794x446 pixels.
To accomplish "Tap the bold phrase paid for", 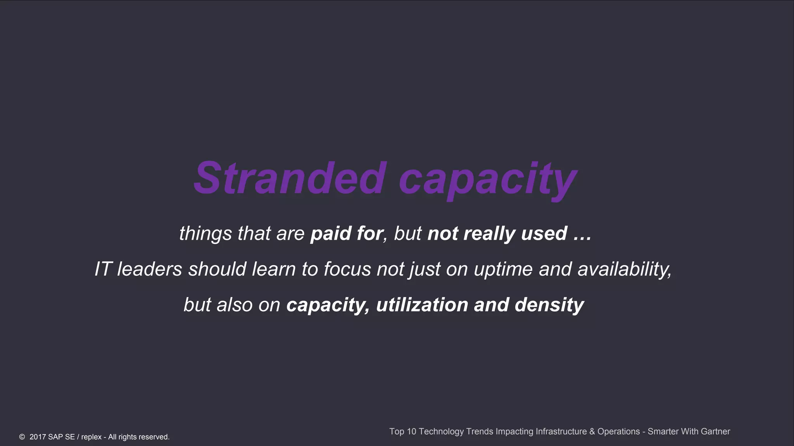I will [x=347, y=233].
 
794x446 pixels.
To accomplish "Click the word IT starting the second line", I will [x=103, y=269].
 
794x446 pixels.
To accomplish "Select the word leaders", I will [x=150, y=269].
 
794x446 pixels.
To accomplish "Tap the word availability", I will [x=625, y=269].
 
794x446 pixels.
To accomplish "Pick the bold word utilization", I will [x=422, y=305].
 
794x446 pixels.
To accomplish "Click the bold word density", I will [x=549, y=305].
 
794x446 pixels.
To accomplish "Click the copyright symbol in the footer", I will [x=22, y=437].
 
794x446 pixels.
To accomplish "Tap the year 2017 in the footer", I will [x=38, y=437].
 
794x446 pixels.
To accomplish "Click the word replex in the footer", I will [x=91, y=437].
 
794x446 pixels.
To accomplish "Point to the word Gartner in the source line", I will [x=715, y=431].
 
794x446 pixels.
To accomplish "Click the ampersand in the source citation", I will [x=592, y=431].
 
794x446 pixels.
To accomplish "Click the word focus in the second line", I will [x=347, y=269].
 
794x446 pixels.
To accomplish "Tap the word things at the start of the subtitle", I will [x=205, y=234].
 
